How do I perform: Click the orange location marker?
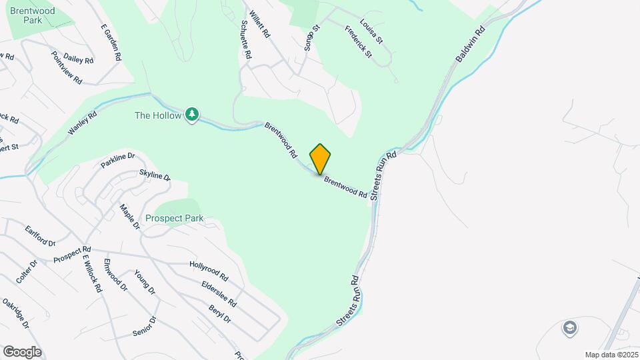(320, 159)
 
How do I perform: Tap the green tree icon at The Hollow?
(192, 115)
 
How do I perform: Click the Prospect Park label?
(174, 218)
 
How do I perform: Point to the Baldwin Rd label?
(470, 45)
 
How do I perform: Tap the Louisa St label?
(371, 31)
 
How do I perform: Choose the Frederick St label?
(358, 41)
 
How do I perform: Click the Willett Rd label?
(259, 24)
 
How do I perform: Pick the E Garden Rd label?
(111, 44)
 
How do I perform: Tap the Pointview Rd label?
(67, 67)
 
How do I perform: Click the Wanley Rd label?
(83, 123)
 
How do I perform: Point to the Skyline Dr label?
(155, 175)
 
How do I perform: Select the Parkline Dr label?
(118, 160)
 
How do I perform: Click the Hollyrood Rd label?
(209, 270)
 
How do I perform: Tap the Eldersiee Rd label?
(219, 293)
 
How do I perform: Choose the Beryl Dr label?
(219, 314)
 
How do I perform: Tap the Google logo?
(22, 351)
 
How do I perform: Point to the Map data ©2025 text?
(610, 355)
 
